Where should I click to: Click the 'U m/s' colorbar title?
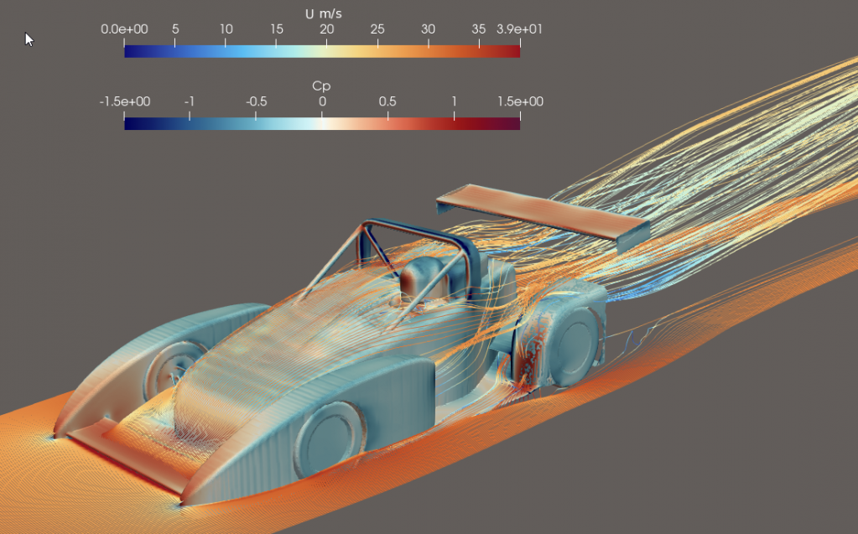[324, 13]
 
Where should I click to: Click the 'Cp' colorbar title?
[321, 86]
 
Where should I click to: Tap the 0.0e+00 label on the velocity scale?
[124, 29]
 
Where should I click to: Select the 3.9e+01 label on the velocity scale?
[519, 29]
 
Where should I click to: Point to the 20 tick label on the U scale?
[326, 29]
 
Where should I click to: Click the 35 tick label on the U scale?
[478, 29]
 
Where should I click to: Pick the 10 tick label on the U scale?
[226, 29]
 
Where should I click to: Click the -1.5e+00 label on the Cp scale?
[125, 101]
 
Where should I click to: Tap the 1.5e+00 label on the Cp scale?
[520, 101]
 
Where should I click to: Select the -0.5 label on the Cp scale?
[256, 101]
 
